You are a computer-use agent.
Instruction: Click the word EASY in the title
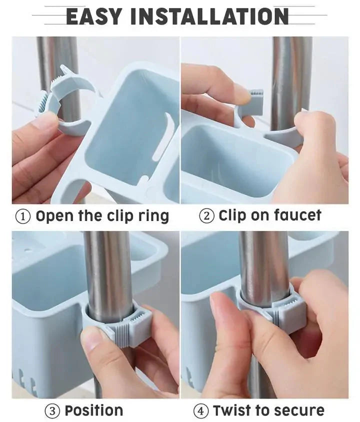pyautogui.click(x=94, y=16)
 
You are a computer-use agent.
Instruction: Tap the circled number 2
pyautogui.click(x=206, y=216)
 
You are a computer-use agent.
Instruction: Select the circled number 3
pyautogui.click(x=52, y=411)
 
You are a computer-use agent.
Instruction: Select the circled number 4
pyautogui.click(x=201, y=411)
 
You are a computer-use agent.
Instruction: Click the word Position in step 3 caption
pyautogui.click(x=93, y=411)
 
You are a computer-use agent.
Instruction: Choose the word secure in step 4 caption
pyautogui.click(x=298, y=411)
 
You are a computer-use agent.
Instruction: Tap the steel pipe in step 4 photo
pyautogui.click(x=263, y=260)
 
